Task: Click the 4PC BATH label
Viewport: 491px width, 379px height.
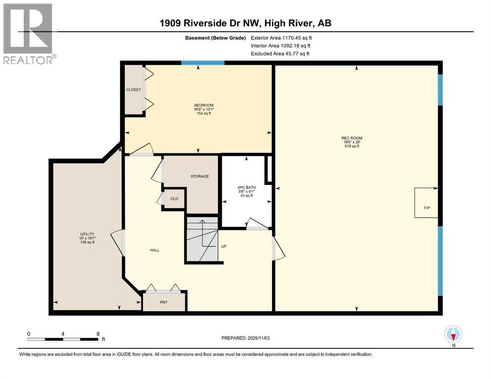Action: [x=246, y=188]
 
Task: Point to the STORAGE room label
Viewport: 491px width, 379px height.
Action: [x=200, y=176]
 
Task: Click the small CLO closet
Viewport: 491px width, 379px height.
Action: [x=174, y=199]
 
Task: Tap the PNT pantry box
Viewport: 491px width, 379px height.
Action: [x=164, y=302]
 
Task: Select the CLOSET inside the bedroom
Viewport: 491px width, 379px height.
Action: [x=133, y=89]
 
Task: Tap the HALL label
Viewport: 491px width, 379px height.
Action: [x=154, y=250]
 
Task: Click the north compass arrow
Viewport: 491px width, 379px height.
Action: [x=453, y=335]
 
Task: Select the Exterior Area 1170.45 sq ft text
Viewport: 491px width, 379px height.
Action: [x=281, y=37]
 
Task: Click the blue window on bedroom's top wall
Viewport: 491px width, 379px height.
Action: [x=203, y=62]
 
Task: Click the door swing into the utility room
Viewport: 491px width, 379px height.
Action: [x=117, y=242]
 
